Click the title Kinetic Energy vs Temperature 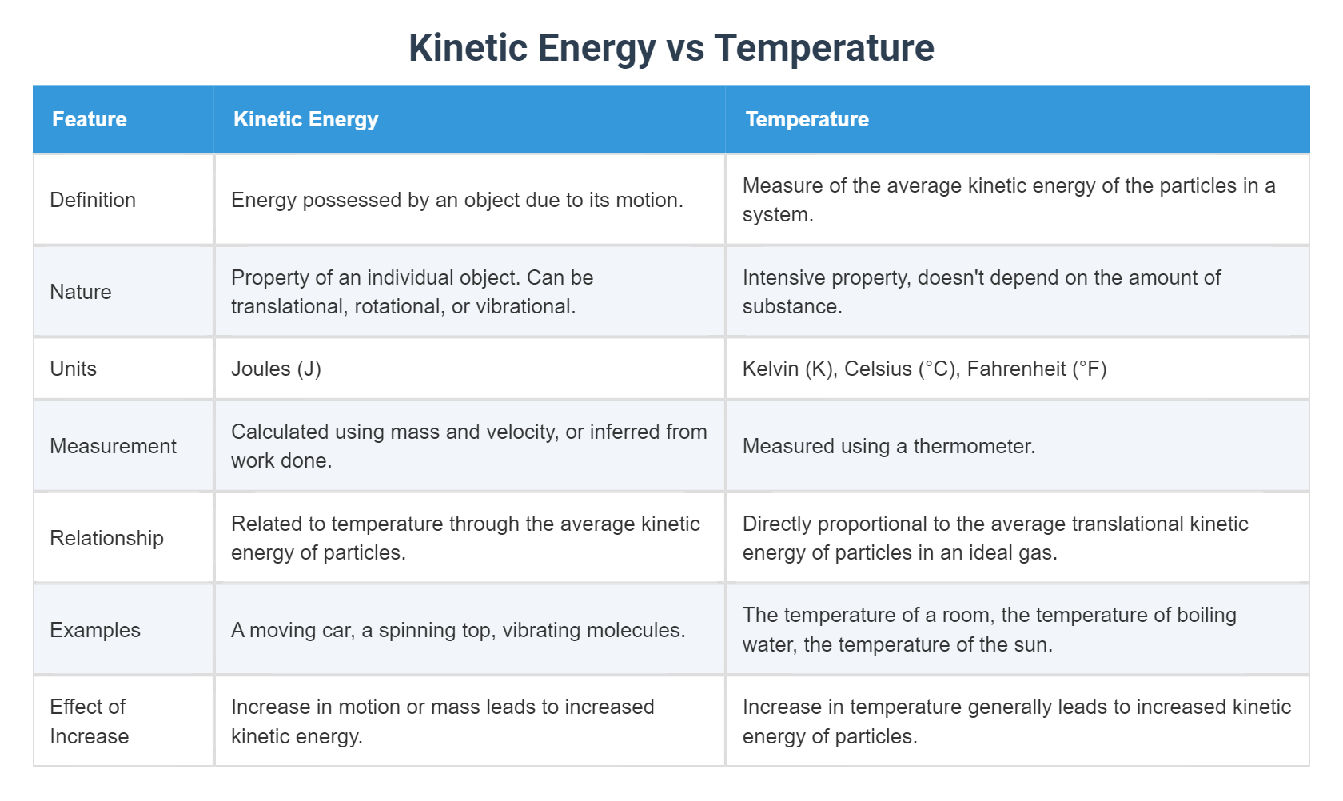671,48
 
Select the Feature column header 90,119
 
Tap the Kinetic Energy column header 305,119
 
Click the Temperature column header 807,119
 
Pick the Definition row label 93,200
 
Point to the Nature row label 81,292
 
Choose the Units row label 74,369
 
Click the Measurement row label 113,446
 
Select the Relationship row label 106,538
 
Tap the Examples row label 95,630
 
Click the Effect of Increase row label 89,721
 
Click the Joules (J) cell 276,369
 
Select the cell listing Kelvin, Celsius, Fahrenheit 924,369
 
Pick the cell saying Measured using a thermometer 888,446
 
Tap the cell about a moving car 457,630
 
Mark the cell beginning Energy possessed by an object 456,200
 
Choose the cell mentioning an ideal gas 995,538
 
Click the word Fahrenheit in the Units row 1016,369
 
